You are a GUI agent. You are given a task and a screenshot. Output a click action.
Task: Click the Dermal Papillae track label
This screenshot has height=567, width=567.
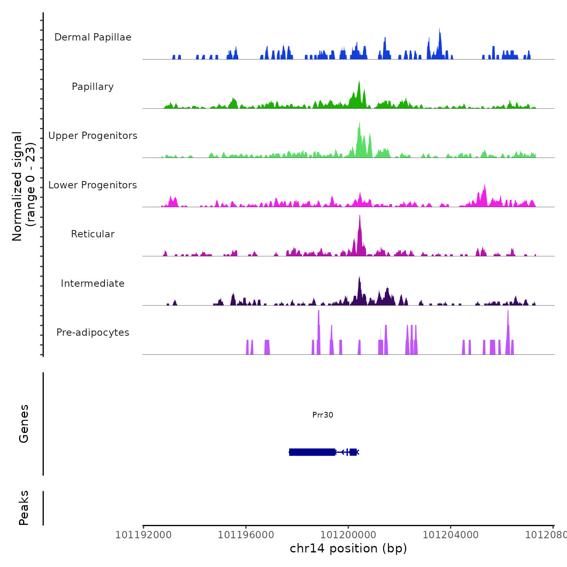pyautogui.click(x=93, y=37)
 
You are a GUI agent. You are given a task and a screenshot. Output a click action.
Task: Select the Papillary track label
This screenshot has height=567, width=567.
pyautogui.click(x=93, y=87)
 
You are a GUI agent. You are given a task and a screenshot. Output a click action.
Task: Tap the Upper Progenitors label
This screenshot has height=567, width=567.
pyautogui.click(x=93, y=136)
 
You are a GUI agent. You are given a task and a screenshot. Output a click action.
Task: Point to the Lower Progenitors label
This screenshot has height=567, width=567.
pyautogui.click(x=93, y=185)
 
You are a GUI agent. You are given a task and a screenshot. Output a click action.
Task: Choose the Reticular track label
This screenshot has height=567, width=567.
pyautogui.click(x=93, y=234)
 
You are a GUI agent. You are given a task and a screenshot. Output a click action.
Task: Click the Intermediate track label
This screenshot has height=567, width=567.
pyautogui.click(x=93, y=283)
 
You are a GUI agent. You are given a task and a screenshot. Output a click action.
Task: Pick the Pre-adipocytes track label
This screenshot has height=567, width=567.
pyautogui.click(x=93, y=333)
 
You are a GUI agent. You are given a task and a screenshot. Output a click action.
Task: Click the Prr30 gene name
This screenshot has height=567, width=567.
pyautogui.click(x=323, y=415)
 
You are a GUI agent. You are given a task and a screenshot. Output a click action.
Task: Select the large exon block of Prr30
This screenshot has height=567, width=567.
pyautogui.click(x=312, y=452)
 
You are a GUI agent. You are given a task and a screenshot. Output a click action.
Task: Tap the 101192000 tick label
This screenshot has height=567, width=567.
pyautogui.click(x=143, y=535)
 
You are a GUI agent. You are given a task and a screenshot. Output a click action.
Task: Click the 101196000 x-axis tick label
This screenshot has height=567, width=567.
pyautogui.click(x=246, y=535)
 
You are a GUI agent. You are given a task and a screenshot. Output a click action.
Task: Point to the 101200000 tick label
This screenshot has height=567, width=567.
pyautogui.click(x=348, y=535)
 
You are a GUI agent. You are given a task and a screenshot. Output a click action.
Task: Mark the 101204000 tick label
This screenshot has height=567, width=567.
pyautogui.click(x=451, y=535)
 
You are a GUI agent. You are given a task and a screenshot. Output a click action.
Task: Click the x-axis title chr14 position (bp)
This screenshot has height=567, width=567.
pyautogui.click(x=348, y=548)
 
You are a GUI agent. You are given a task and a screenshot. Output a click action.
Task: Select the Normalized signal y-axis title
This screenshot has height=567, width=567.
pyautogui.click(x=23, y=186)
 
